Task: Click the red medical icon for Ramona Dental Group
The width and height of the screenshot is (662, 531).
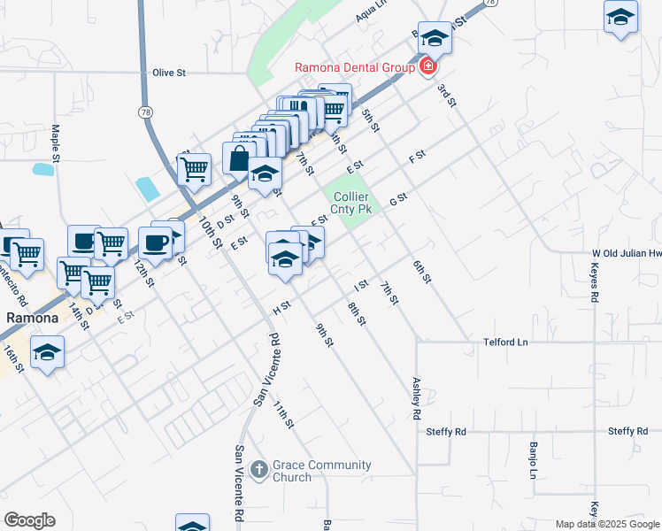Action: point(427,66)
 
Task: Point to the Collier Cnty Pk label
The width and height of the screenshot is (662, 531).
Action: point(351,203)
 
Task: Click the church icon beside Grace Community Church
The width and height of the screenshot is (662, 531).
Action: point(258,468)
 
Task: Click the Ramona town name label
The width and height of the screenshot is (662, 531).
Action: point(33,317)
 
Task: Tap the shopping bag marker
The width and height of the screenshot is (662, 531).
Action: point(239,159)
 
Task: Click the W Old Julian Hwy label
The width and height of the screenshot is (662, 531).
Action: point(627,253)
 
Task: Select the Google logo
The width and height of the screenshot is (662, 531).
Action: point(29,520)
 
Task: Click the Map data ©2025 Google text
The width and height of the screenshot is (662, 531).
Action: point(607,524)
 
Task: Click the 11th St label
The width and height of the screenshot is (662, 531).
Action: point(283,414)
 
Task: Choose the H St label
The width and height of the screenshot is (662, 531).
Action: point(282,307)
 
